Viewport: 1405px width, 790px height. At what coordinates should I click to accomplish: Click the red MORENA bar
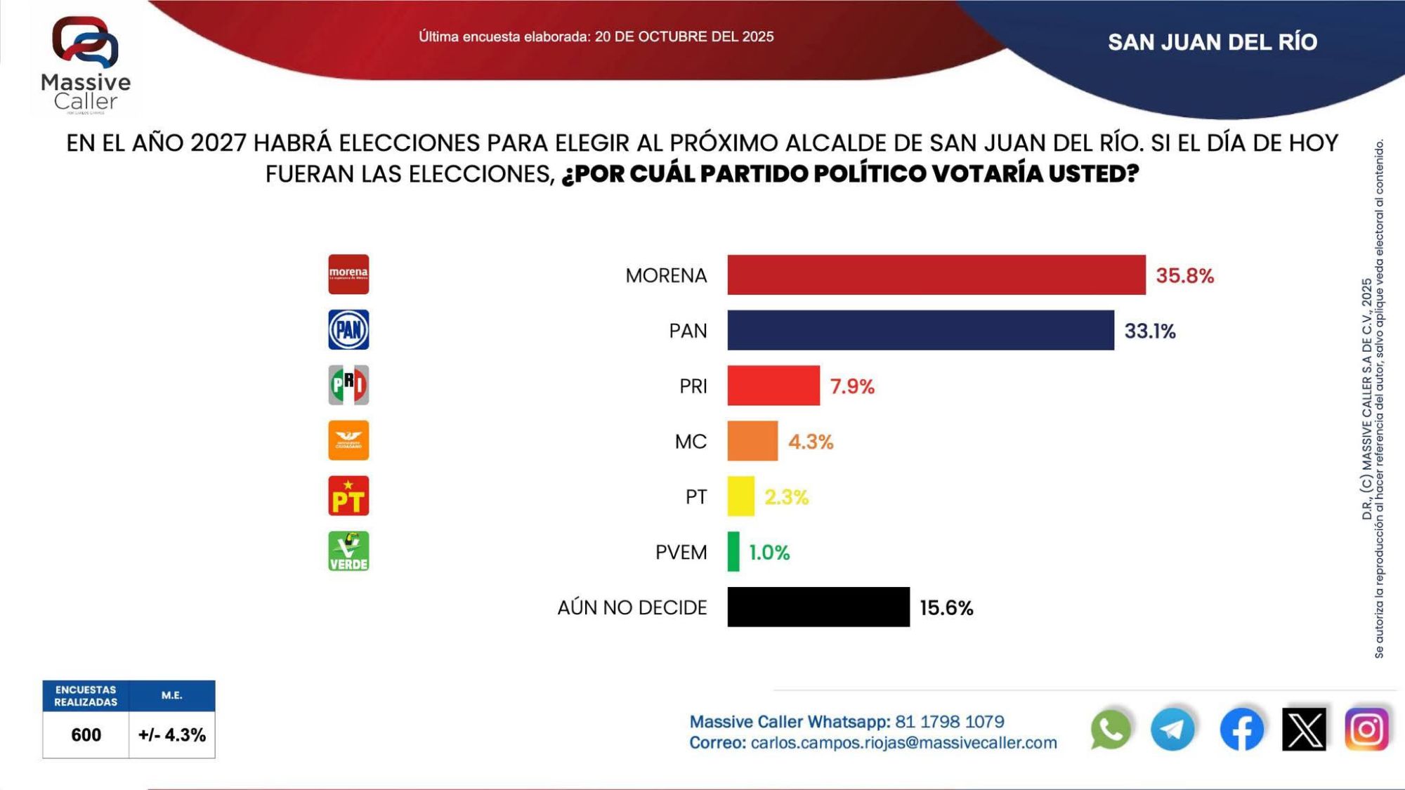tap(936, 275)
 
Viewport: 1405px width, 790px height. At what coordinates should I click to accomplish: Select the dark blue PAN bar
tap(920, 330)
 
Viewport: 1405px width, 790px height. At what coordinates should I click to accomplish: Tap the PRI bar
tap(773, 386)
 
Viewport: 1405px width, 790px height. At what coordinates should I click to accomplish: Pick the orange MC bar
tap(752, 441)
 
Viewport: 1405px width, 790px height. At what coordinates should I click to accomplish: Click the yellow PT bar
tap(740, 496)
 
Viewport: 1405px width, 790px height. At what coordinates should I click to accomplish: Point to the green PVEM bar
tap(733, 552)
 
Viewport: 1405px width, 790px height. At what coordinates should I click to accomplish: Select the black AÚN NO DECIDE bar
tap(818, 607)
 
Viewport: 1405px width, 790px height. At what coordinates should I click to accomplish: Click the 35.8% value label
tap(1184, 275)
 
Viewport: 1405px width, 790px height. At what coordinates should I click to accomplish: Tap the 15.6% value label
tap(946, 607)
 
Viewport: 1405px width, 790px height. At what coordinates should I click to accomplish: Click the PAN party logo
tap(348, 330)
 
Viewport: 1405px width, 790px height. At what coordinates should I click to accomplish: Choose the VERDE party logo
tap(348, 551)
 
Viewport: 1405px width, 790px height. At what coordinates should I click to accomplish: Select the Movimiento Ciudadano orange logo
tap(348, 440)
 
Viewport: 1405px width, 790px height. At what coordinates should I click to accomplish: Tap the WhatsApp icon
tap(1111, 730)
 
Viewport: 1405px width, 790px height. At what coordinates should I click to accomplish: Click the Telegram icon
tap(1172, 730)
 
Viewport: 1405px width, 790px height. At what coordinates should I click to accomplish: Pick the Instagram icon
tap(1366, 730)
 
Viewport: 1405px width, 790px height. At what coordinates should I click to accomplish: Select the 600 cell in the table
tap(86, 735)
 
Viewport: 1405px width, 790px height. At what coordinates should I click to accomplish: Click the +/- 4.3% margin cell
tap(172, 735)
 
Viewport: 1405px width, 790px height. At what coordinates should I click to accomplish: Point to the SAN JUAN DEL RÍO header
tap(1212, 42)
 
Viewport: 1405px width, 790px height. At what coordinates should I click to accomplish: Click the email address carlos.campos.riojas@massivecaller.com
tap(903, 743)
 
